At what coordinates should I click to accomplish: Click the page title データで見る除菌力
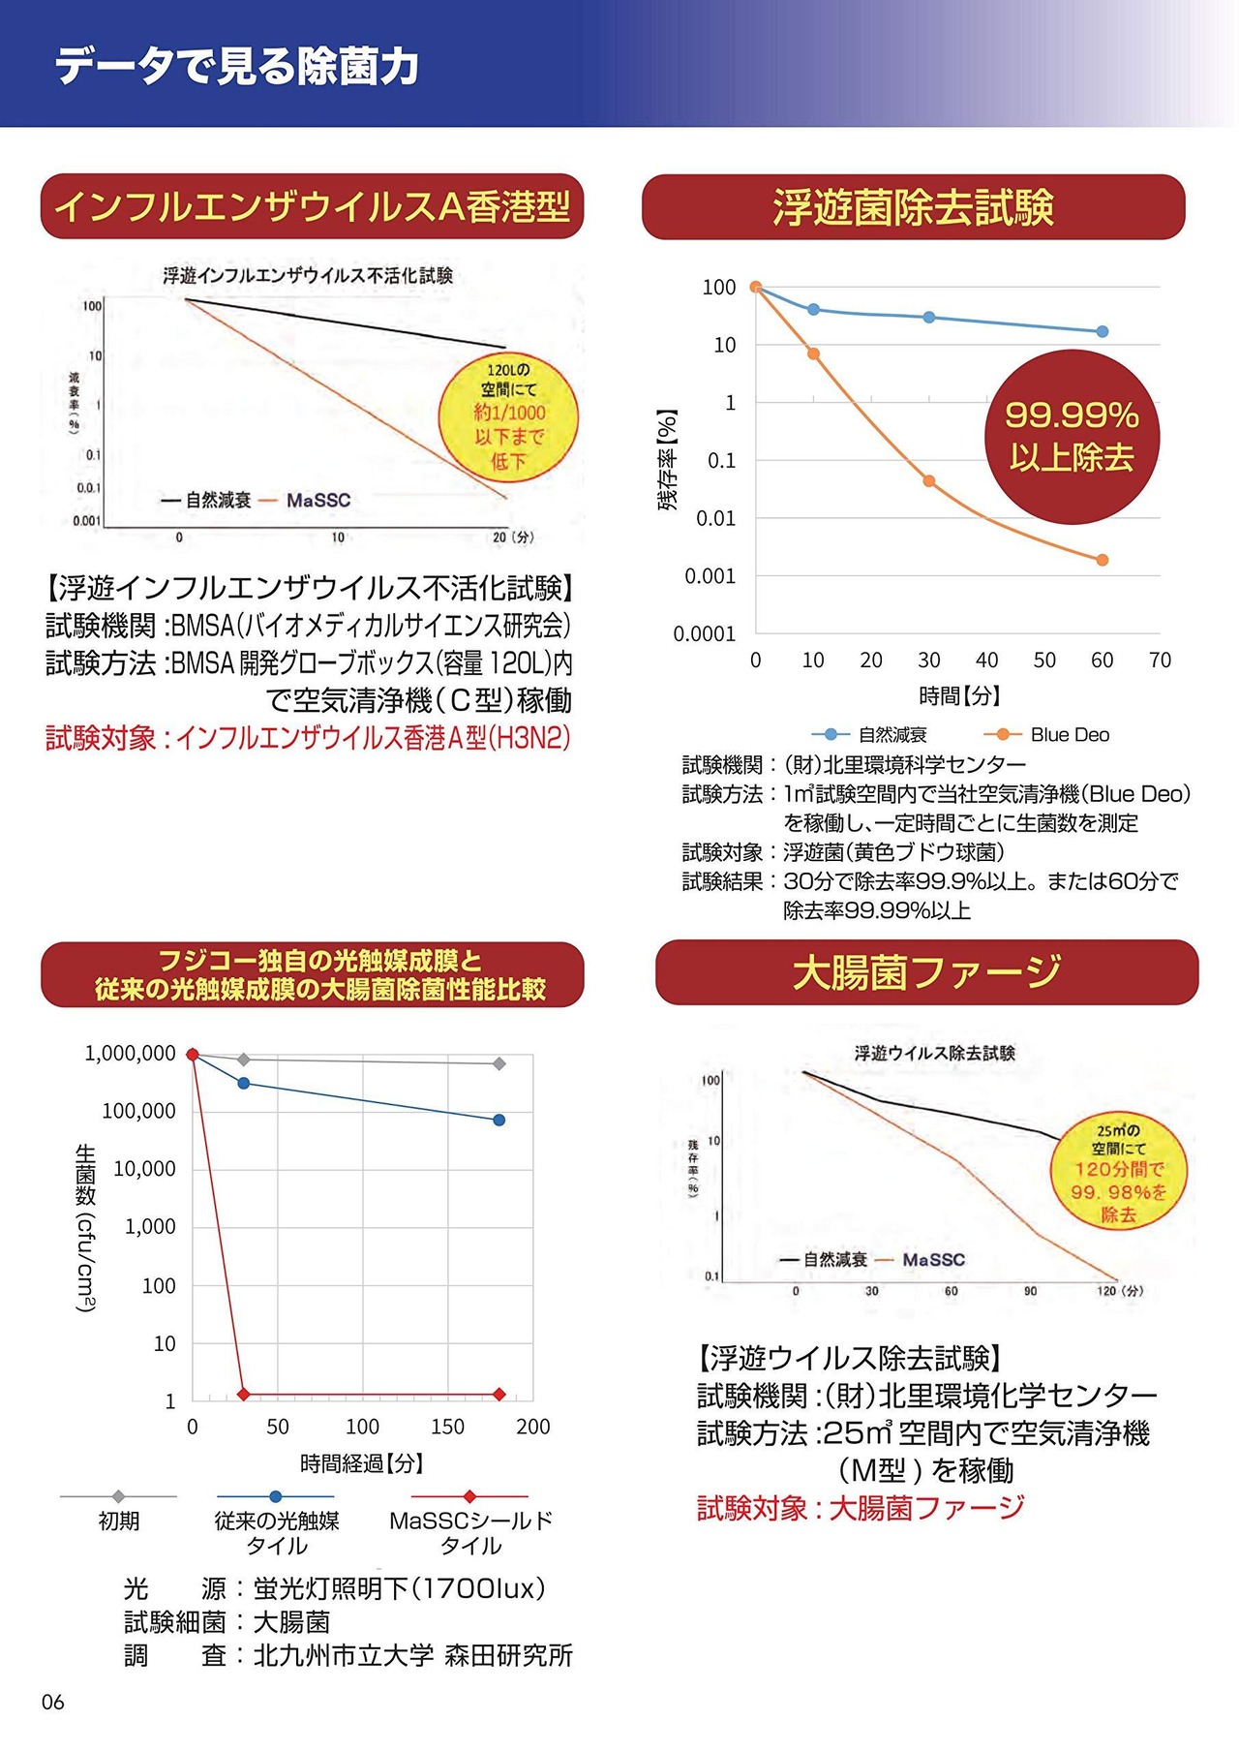coord(237,66)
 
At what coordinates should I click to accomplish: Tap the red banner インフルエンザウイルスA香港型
coord(312,206)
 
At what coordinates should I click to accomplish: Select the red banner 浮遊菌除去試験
coord(913,207)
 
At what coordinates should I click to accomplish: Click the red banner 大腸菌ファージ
coord(926,972)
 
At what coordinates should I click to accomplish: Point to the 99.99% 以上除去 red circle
coord(1072,436)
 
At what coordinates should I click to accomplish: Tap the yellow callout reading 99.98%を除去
coord(1118,1172)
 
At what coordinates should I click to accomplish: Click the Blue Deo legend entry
coord(1047,735)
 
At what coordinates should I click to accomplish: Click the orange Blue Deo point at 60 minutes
coord(1103,560)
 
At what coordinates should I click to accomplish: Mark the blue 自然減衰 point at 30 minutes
coord(929,318)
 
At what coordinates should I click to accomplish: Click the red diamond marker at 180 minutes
coord(499,1394)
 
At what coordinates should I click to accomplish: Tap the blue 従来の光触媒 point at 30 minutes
coord(244,1083)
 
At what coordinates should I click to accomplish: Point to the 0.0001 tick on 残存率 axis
coord(704,634)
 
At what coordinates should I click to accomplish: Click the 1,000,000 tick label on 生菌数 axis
coord(131,1054)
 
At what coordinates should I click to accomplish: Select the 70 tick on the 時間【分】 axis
coord(1160,661)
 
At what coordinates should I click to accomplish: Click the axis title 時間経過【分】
coord(362,1462)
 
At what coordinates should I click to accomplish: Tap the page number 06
coord(53,1702)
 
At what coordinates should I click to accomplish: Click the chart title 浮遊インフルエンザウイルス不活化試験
coord(308,276)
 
